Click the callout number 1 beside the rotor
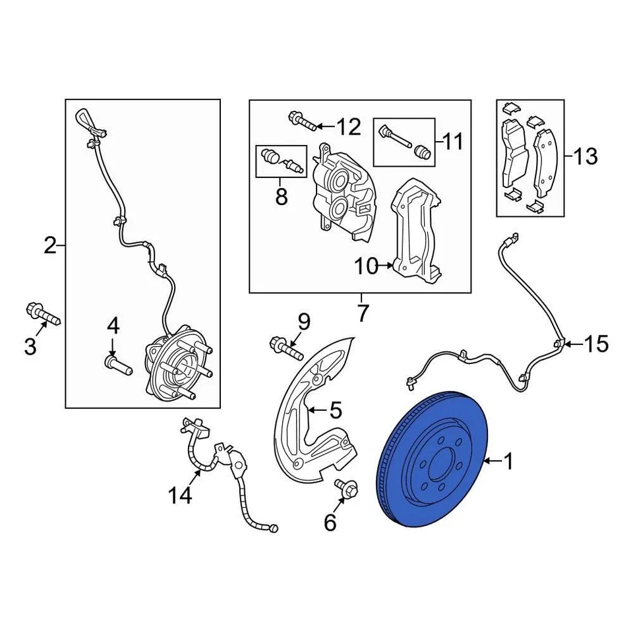click(x=508, y=462)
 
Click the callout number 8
click(x=282, y=196)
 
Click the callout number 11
click(x=452, y=141)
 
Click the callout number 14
click(x=181, y=495)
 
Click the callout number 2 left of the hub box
click(x=50, y=246)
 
